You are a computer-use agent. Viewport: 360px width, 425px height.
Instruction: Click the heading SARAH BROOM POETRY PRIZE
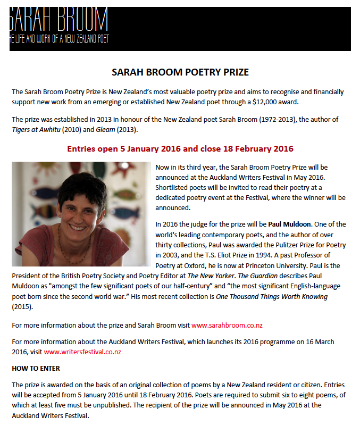[x=180, y=72]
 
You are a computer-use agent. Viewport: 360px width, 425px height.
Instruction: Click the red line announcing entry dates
[x=180, y=148]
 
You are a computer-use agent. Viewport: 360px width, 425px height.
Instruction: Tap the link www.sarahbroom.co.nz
[x=220, y=324]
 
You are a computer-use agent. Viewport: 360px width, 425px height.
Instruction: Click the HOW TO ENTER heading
[x=36, y=368]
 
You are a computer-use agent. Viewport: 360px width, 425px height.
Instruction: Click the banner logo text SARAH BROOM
[x=58, y=20]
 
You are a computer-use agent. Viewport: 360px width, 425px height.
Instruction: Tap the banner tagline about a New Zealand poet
[x=59, y=39]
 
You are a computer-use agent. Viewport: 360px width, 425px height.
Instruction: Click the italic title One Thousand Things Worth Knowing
[x=271, y=296]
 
